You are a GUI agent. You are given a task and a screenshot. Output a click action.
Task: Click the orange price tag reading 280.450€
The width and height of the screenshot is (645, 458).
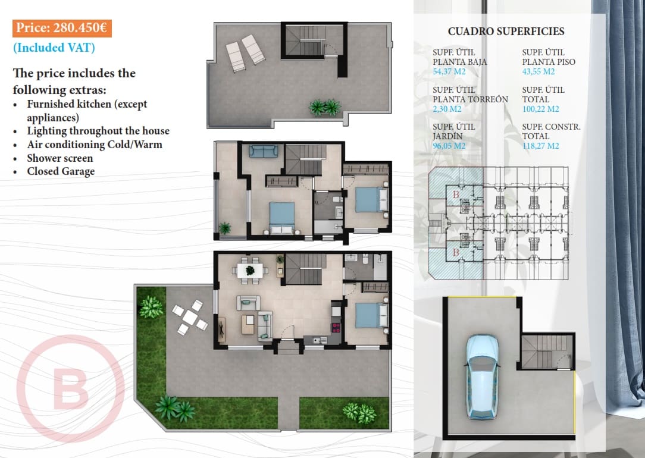62,29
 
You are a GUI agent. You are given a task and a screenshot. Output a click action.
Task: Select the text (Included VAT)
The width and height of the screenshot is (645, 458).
54,48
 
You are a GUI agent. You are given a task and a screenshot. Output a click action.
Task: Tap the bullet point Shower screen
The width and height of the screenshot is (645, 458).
60,158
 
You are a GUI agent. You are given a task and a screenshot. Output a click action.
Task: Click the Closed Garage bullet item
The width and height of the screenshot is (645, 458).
61,171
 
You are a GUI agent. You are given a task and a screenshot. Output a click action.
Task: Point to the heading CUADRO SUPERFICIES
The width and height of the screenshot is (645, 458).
506,32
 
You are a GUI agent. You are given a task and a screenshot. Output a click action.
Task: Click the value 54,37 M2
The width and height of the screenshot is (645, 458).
449,72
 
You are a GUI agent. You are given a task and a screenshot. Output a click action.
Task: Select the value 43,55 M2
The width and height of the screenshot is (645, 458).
538,72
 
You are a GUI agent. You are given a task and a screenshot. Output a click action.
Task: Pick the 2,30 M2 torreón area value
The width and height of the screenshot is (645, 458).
447,109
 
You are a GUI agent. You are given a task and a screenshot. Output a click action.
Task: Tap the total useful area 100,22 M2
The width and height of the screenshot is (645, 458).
540,109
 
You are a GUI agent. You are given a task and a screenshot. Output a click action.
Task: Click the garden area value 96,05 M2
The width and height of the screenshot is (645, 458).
449,146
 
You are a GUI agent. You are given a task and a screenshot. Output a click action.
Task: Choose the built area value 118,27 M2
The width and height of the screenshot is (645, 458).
540,146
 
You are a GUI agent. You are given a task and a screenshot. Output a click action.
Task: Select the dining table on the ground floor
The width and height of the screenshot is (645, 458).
250,271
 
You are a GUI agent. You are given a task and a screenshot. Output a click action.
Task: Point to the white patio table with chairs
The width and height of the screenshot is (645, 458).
190,317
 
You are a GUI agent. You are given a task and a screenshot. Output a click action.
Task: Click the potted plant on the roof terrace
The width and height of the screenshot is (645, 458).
325,108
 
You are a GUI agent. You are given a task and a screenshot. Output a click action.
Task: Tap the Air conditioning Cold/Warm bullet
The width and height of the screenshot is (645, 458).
94,145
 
